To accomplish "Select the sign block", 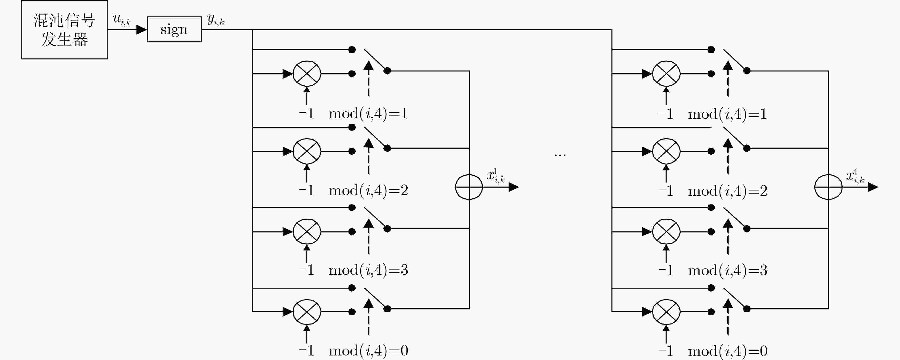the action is coord(174,29).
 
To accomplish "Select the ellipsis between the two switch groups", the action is coord(560,155).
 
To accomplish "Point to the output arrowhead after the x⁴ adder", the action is coord(873,187).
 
